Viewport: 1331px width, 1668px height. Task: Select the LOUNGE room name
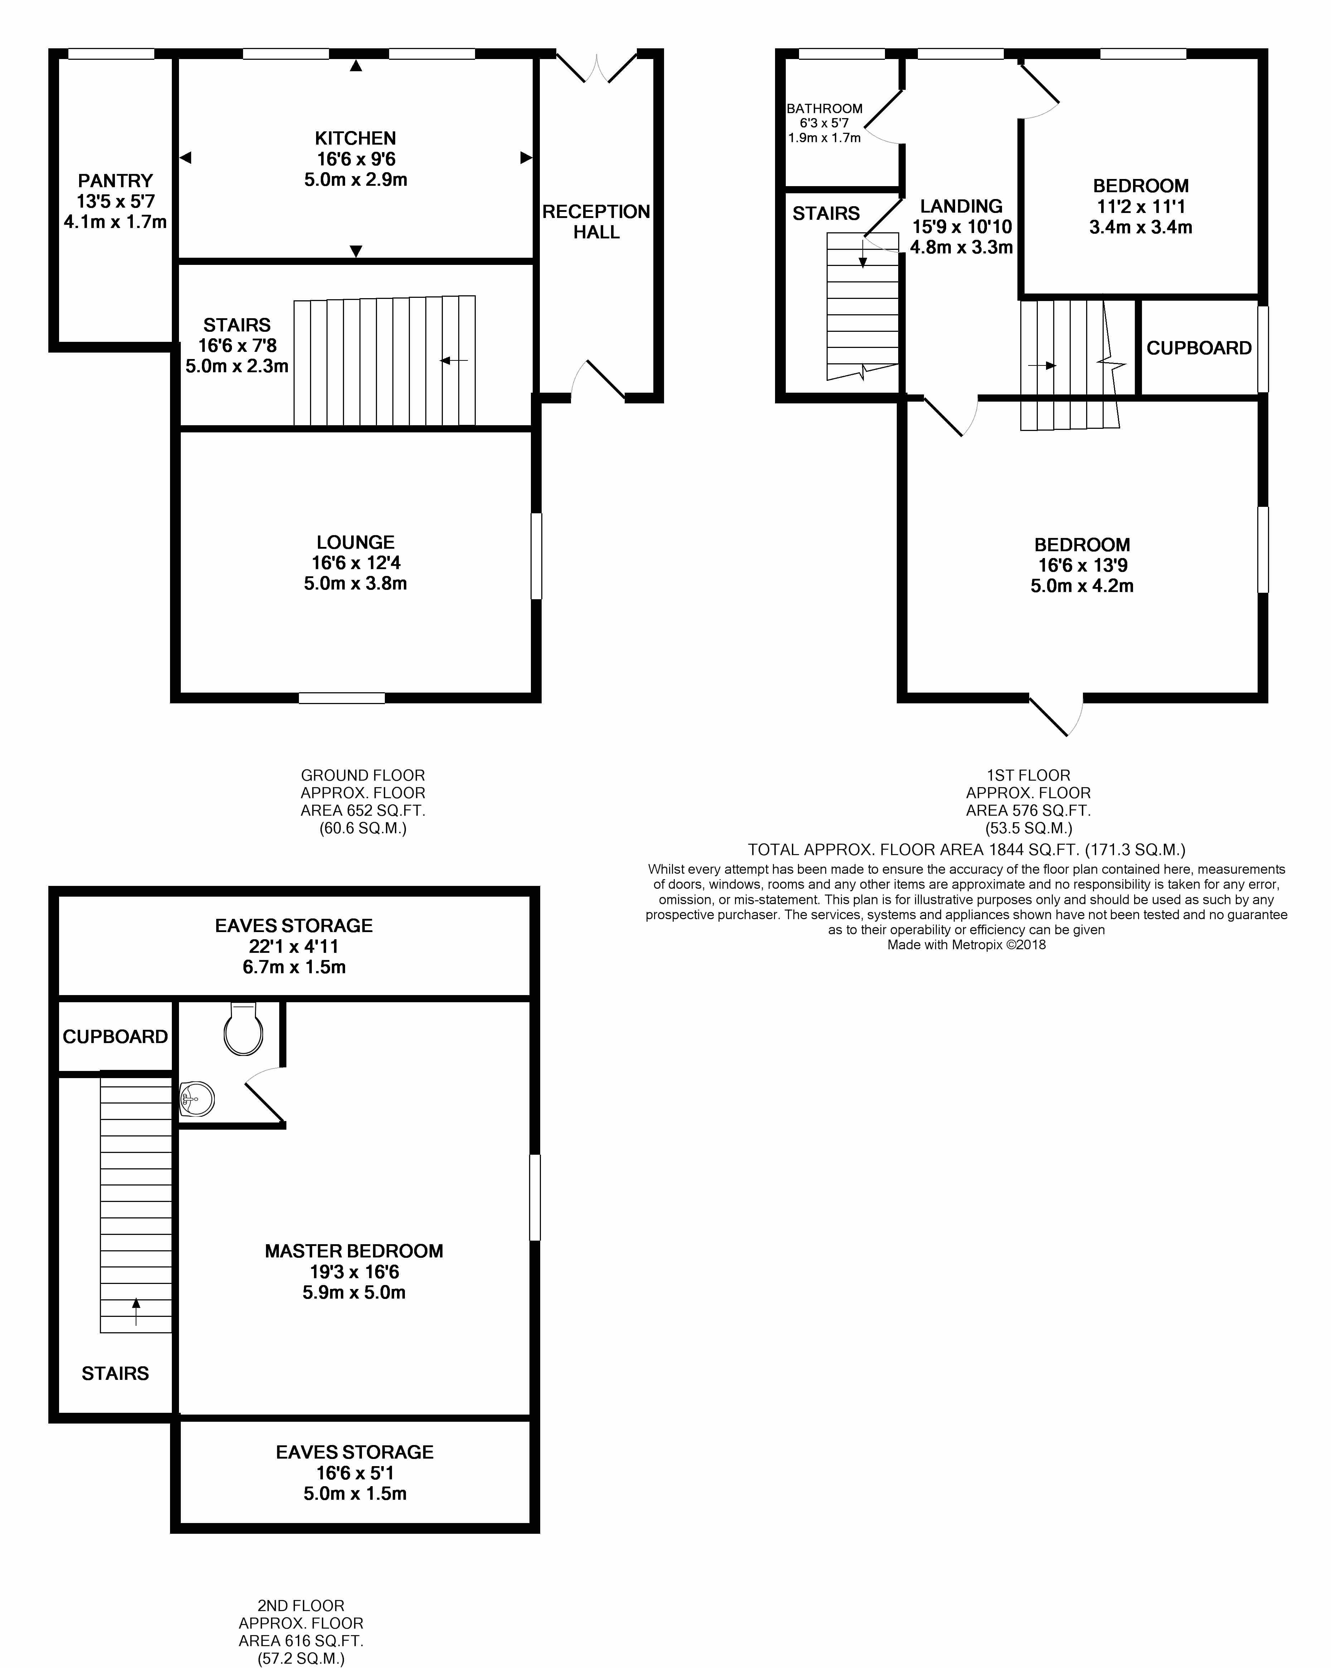tap(355, 542)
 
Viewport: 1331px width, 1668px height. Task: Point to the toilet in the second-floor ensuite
tap(243, 1029)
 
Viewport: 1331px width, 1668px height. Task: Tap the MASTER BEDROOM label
tap(354, 1251)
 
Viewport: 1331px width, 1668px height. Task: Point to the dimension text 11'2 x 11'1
tap(1141, 207)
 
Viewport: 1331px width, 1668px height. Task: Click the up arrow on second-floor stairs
tap(136, 1311)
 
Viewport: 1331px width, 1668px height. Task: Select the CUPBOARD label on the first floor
tap(1199, 348)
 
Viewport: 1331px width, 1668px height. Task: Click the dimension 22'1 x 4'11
tap(294, 946)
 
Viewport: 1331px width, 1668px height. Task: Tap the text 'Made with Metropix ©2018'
tap(967, 945)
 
